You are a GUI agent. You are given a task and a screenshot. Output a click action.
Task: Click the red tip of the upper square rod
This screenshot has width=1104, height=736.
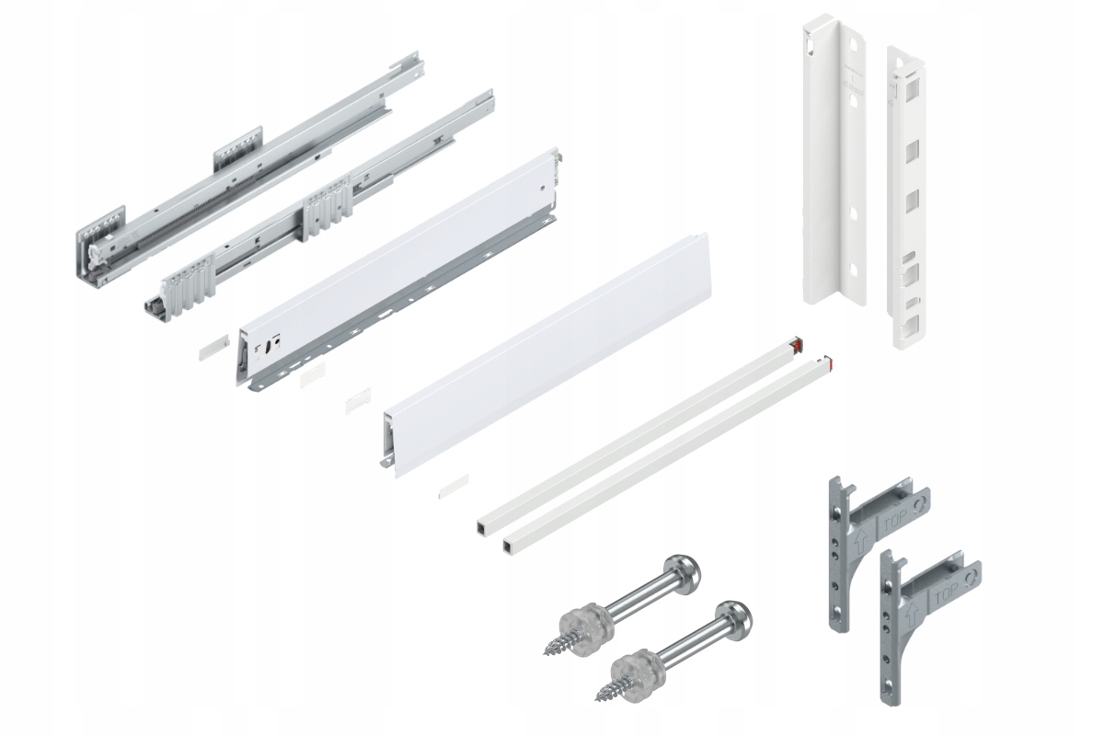pos(798,344)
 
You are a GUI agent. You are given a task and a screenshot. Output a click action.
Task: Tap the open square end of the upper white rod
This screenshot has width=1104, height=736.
pos(483,528)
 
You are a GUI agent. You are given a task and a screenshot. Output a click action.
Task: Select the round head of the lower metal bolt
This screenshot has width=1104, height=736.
pos(738,618)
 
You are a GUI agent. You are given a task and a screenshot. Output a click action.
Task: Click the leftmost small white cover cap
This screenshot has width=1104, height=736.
pos(211,351)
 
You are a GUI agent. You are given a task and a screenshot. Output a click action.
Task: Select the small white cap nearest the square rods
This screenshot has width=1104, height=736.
pos(454,485)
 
